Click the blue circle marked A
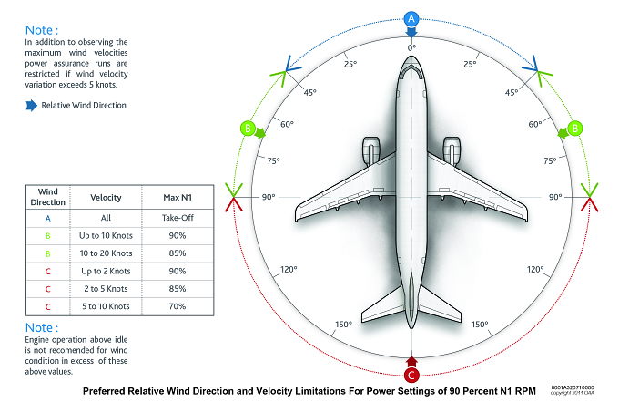[411, 18]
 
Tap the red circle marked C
[411, 376]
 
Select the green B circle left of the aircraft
[248, 128]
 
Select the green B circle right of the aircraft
[575, 128]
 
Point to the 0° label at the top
[411, 47]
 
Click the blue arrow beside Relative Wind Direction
[31, 106]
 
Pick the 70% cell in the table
[178, 306]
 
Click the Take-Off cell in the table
[178, 218]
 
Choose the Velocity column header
[106, 198]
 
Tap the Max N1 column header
[178, 198]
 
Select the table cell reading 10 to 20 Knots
[106, 253]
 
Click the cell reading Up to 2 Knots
[106, 271]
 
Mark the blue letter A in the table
[47, 218]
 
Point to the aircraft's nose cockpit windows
[411, 70]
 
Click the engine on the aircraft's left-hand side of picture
[371, 150]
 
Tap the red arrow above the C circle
[411, 361]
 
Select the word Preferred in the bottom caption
[104, 391]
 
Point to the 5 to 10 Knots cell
[106, 306]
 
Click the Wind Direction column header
[47, 197]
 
